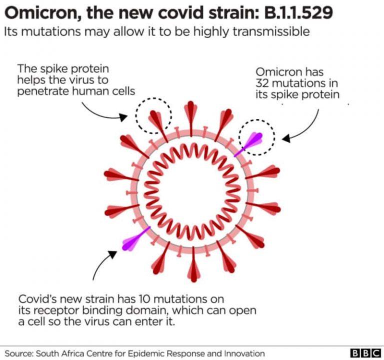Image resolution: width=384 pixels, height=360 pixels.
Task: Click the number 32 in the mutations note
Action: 262,83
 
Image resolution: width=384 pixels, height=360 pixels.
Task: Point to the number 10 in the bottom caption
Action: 145,299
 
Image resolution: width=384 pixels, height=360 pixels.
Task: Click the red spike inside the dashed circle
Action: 158,126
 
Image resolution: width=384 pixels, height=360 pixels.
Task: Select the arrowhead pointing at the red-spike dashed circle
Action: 123,117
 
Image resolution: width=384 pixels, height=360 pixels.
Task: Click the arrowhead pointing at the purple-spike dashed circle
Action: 286,138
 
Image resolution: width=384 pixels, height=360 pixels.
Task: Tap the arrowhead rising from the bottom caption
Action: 112,254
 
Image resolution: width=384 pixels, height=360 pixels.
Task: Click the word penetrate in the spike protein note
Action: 43,91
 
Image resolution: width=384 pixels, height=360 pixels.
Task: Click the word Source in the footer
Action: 19,353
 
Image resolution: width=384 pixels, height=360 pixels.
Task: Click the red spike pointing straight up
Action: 191,118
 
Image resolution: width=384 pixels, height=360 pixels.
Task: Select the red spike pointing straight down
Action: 193,264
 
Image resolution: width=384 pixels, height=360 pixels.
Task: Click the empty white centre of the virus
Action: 192,191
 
